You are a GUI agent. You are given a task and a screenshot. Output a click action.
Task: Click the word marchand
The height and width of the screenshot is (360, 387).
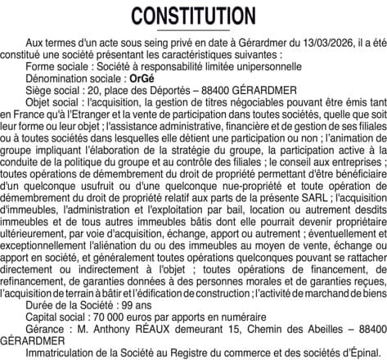(323, 290)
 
